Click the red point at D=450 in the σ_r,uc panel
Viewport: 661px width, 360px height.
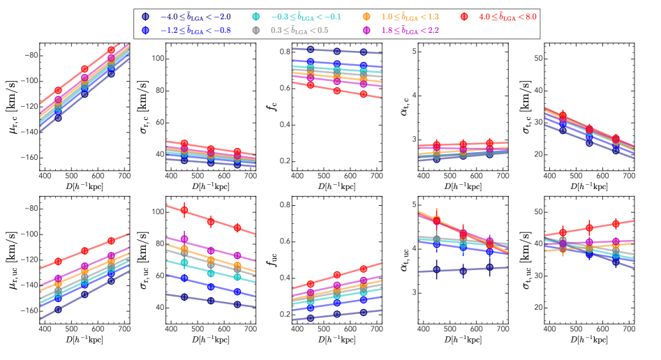point(184,210)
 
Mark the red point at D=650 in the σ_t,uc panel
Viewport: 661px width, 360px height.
point(615,224)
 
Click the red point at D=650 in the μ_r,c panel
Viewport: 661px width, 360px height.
point(111,50)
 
